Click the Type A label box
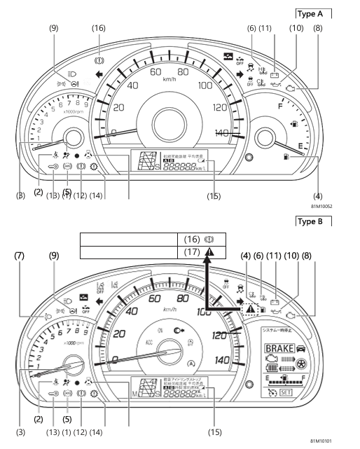pyautogui.click(x=312, y=13)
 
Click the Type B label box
pyautogui.click(x=312, y=221)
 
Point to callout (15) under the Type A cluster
pyautogui.click(x=214, y=196)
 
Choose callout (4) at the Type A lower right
pyautogui.click(x=319, y=196)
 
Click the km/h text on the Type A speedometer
pyautogui.click(x=169, y=80)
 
